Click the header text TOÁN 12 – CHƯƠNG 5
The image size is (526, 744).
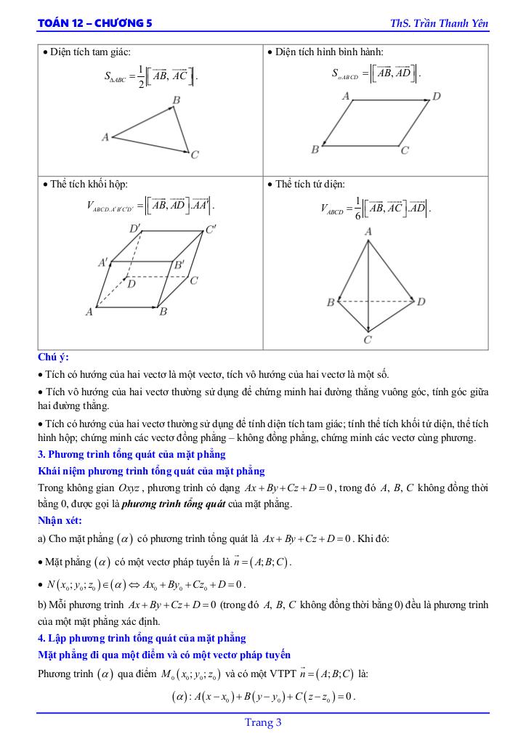click(x=95, y=23)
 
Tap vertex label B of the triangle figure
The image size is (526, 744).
click(x=177, y=100)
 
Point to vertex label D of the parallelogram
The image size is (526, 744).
click(x=437, y=96)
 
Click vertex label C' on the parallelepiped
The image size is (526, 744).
click(x=211, y=230)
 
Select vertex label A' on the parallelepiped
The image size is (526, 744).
click(x=104, y=262)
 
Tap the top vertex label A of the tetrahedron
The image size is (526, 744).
click(x=368, y=232)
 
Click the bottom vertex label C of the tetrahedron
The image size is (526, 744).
click(x=368, y=339)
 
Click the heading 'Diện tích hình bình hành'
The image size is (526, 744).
click(x=329, y=52)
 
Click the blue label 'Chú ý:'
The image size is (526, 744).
click(x=53, y=357)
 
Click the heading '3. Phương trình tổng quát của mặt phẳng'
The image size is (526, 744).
click(x=131, y=455)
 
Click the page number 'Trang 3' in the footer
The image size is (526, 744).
click(x=263, y=722)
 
